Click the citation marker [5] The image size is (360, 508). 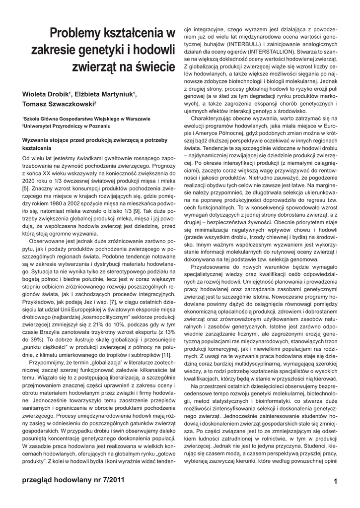coord(26,189)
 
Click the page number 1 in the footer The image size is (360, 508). coord(336,481)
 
